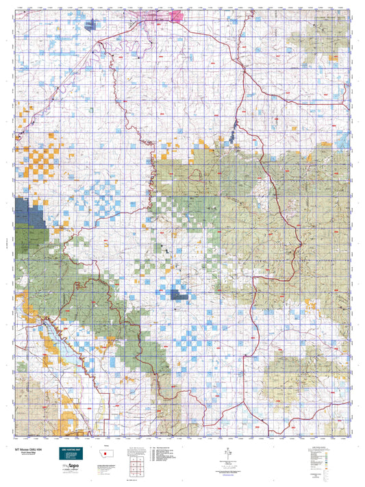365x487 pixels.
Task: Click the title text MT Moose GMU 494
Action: [x=27, y=449]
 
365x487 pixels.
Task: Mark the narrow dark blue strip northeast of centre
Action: [x=235, y=127]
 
